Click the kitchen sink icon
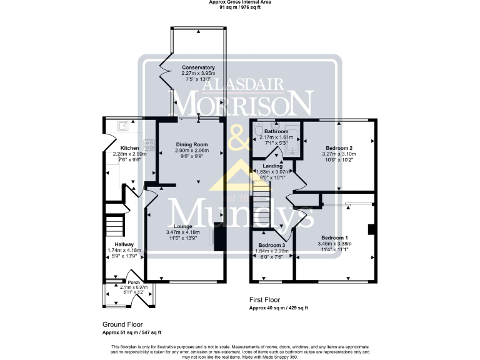click(x=123, y=126)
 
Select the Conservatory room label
click(x=198, y=67)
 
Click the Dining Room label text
click(x=198, y=144)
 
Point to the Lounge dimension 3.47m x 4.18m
click(x=183, y=232)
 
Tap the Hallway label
click(x=116, y=244)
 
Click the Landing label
click(x=272, y=165)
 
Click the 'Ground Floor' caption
click(x=122, y=324)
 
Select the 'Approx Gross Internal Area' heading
click(x=240, y=2)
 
